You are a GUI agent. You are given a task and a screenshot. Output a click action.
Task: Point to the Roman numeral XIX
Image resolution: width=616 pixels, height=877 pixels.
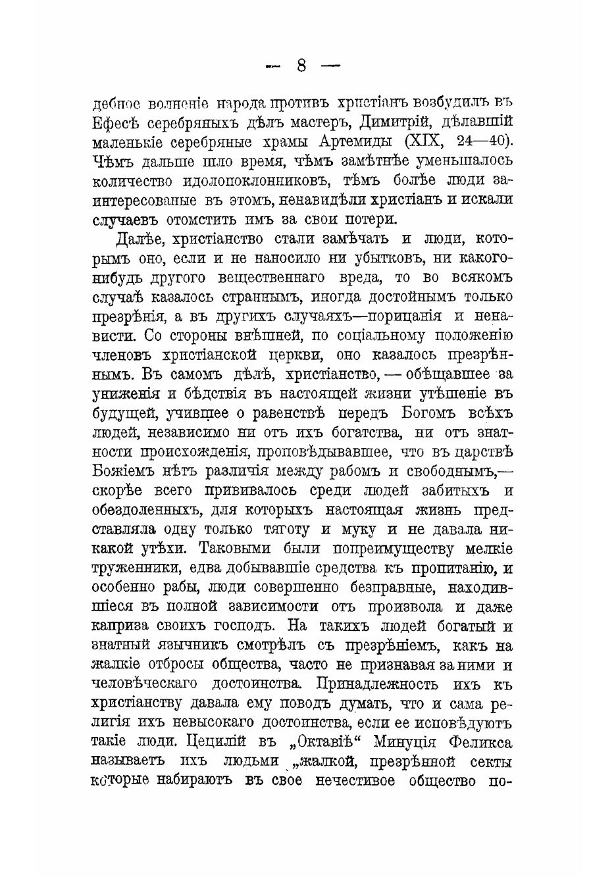pyautogui.click(x=428, y=142)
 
